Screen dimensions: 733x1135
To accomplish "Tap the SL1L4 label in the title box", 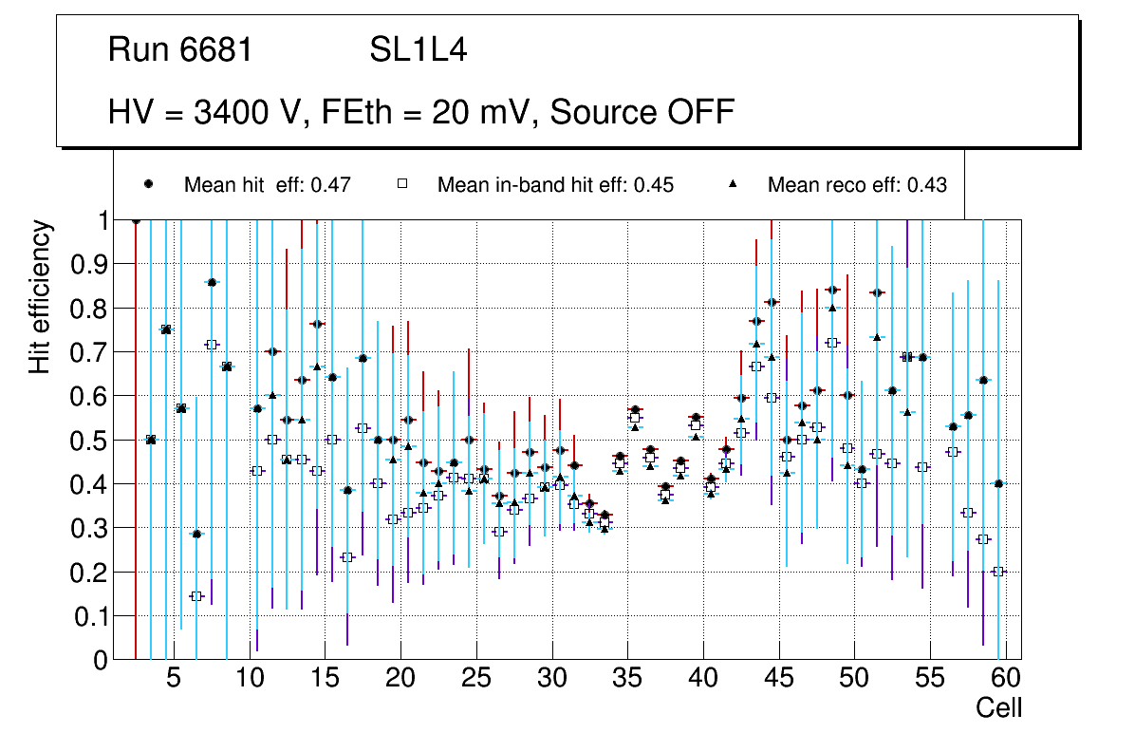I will pyautogui.click(x=419, y=50).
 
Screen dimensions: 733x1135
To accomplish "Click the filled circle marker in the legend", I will pyautogui.click(x=148, y=184).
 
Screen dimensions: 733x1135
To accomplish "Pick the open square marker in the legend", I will pyautogui.click(x=401, y=184).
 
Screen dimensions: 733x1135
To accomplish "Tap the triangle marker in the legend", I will pyautogui.click(x=732, y=184).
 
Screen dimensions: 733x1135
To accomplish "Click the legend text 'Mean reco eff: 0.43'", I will pyautogui.click(x=857, y=185).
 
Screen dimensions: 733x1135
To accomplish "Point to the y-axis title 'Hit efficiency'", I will pyautogui.click(x=40, y=297).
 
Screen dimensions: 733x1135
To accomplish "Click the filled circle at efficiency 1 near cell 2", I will pyautogui.click(x=136, y=220).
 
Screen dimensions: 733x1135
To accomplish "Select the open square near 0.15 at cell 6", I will pyautogui.click(x=196, y=596).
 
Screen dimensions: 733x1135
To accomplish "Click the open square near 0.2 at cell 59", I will pyautogui.click(x=997, y=572).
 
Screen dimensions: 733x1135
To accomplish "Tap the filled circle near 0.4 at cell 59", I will pyautogui.click(x=997, y=483).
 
